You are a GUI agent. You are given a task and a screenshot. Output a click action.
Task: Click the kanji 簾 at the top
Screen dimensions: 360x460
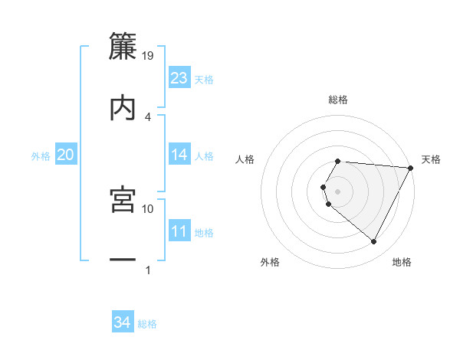(x=123, y=45)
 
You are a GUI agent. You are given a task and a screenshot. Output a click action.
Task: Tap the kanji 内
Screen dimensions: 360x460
(x=123, y=106)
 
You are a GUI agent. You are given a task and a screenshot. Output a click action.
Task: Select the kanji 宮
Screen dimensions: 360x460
(x=123, y=198)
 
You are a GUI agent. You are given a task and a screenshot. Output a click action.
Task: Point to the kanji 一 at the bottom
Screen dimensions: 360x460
(x=123, y=260)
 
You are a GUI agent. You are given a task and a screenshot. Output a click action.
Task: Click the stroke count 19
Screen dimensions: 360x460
(x=149, y=55)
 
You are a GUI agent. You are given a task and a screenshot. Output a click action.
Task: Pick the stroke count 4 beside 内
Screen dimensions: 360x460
(x=148, y=116)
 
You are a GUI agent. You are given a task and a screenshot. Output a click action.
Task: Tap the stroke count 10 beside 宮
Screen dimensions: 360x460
(x=149, y=208)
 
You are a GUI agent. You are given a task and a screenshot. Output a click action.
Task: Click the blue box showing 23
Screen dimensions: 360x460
(x=179, y=78)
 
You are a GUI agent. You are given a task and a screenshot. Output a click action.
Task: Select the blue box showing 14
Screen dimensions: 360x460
(x=179, y=155)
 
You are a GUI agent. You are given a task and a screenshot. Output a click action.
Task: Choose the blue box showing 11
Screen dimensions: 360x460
(x=179, y=231)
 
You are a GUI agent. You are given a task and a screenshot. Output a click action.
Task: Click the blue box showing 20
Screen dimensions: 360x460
(x=66, y=155)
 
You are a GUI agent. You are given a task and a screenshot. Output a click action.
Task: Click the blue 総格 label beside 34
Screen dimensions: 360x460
(x=147, y=324)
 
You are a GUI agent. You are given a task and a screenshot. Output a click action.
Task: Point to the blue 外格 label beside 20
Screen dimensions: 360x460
(x=41, y=156)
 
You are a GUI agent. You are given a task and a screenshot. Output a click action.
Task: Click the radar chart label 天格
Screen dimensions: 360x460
(x=432, y=159)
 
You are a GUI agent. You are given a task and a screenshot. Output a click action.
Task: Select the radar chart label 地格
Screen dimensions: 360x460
(x=402, y=262)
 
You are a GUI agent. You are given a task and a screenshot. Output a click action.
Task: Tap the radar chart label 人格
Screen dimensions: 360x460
(x=245, y=159)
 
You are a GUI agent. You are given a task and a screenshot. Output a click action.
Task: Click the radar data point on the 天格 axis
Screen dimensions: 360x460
(x=410, y=168)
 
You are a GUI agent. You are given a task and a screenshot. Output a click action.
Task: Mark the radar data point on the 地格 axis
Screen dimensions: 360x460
(x=374, y=242)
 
